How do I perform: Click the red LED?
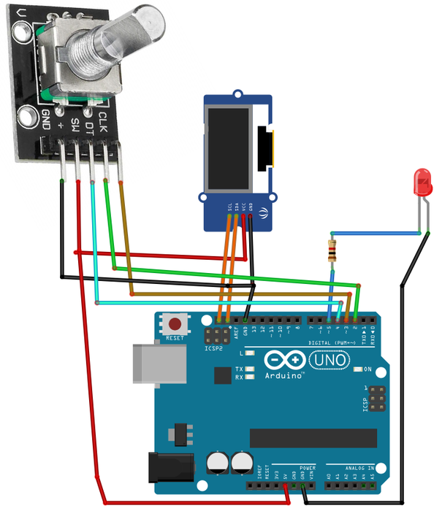click(422, 182)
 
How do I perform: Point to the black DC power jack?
click(169, 466)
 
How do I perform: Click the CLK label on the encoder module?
click(103, 117)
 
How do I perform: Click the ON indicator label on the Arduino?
click(367, 369)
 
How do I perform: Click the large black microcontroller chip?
click(313, 437)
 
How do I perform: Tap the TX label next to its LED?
click(240, 369)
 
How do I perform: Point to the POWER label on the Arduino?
click(308, 466)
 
